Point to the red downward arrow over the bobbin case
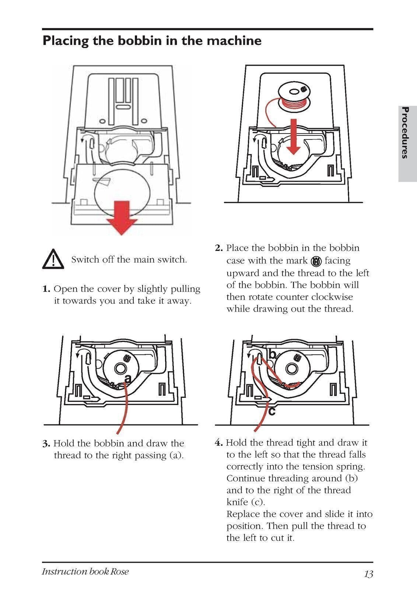click(294, 136)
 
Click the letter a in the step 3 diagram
click(128, 379)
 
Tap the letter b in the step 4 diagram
click(272, 355)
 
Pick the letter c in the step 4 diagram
click(271, 411)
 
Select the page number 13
click(368, 574)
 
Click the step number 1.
click(46, 289)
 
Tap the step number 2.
click(219, 248)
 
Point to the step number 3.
click(46, 444)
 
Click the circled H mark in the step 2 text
click(316, 261)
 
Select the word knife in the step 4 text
click(237, 502)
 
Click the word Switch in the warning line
click(85, 260)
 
